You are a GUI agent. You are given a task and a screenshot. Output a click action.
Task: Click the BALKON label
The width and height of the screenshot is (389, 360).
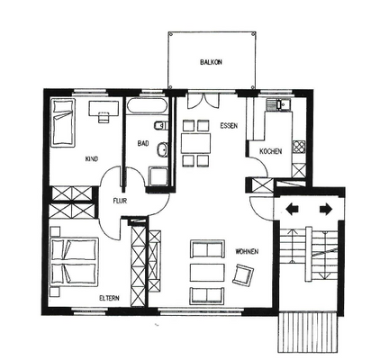[x=212, y=62]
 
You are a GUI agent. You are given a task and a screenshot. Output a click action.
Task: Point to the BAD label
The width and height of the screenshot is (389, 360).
[x=142, y=142]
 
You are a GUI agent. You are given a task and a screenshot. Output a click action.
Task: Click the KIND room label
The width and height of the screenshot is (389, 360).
[x=91, y=159]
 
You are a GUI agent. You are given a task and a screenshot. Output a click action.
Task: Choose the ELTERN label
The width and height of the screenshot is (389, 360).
[x=109, y=296]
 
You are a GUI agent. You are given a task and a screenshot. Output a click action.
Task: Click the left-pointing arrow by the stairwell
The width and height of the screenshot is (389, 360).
[x=294, y=209]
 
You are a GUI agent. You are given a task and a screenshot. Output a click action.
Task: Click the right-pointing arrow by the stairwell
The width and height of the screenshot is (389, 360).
[x=324, y=209]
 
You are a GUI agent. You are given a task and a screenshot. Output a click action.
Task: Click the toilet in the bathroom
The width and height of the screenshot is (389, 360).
[x=162, y=148]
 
